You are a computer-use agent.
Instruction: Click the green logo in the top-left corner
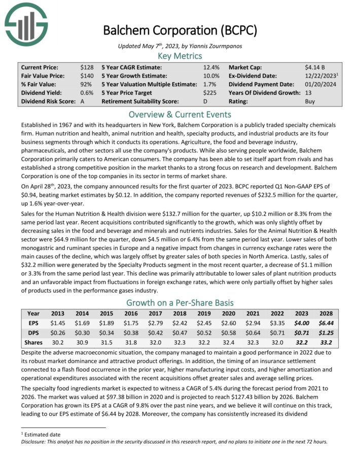point(26,23)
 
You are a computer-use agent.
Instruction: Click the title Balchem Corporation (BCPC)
point(180,30)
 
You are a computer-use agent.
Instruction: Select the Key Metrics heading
point(180,56)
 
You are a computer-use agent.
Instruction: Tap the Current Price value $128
point(86,67)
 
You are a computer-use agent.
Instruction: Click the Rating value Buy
point(310,101)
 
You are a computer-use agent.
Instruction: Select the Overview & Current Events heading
point(180,114)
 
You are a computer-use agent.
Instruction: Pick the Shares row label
point(33,342)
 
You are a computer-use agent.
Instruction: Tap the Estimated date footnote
point(36,435)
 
